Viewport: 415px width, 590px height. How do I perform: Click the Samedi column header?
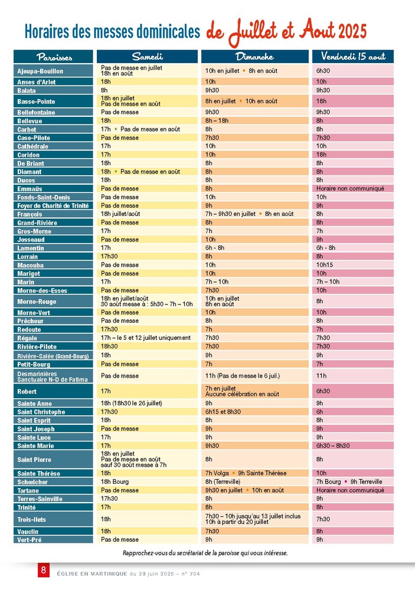pyautogui.click(x=147, y=57)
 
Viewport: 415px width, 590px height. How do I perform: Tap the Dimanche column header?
pyautogui.click(x=254, y=57)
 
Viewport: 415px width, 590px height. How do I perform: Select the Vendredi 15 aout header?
pyautogui.click(x=353, y=57)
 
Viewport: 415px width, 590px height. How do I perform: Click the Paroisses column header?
pyautogui.click(x=54, y=57)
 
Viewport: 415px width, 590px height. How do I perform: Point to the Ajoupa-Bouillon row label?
pyautogui.click(x=40, y=71)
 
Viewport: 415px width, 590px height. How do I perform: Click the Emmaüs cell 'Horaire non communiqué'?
pyautogui.click(x=350, y=189)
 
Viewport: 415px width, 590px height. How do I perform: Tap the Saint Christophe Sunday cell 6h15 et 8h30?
pyautogui.click(x=223, y=412)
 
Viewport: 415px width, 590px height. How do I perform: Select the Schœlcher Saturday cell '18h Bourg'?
pyautogui.click(x=115, y=481)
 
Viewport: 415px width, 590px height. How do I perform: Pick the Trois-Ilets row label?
pyautogui.click(x=32, y=520)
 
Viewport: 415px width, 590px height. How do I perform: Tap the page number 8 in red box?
pyautogui.click(x=44, y=570)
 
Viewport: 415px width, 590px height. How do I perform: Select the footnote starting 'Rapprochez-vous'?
pyautogui.click(x=205, y=553)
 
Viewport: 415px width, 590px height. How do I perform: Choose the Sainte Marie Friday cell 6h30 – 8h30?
pyautogui.click(x=333, y=446)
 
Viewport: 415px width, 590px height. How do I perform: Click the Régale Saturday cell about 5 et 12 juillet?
pyautogui.click(x=146, y=338)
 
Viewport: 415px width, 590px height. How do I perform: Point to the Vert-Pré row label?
pyautogui.click(x=30, y=540)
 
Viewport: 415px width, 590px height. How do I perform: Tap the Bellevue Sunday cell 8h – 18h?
pyautogui.click(x=217, y=121)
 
